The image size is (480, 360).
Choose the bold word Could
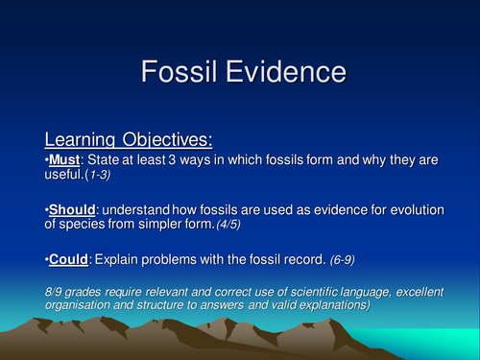70,257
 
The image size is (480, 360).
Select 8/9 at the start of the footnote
57,286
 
